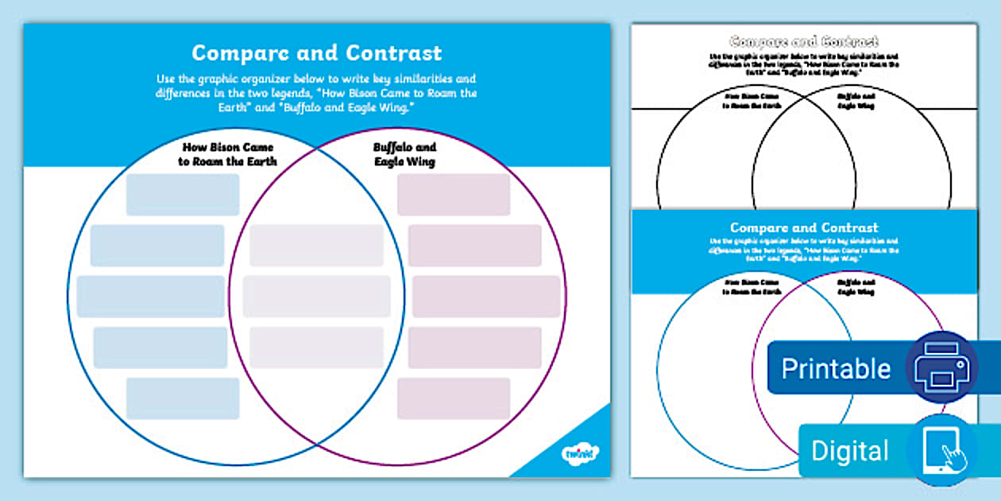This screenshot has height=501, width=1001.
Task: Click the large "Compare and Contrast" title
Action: coord(316,53)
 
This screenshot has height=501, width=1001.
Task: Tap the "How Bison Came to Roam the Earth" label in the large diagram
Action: coord(228,154)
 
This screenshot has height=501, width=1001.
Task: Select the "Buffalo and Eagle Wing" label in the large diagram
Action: coord(404,154)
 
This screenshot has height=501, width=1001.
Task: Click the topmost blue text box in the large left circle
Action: coord(183,195)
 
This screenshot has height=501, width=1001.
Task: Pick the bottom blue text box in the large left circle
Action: coord(183,398)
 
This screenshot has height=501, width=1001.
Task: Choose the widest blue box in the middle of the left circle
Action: coord(151,297)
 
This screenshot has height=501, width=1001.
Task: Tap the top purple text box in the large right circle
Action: coord(454,195)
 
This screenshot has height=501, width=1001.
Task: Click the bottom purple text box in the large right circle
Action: coord(454,398)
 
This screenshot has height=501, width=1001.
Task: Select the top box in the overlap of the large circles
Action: coord(317,246)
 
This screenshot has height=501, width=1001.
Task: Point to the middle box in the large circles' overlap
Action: coord(317,297)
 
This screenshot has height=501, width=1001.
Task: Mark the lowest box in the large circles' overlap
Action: coord(317,348)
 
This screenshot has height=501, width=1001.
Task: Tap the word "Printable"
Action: coord(836,369)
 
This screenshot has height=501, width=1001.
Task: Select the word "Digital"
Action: coord(849,451)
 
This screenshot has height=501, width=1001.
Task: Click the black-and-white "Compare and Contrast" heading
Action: coord(804,41)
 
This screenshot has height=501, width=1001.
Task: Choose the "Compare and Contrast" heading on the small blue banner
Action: coord(804,228)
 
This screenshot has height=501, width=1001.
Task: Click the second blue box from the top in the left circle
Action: coord(157,246)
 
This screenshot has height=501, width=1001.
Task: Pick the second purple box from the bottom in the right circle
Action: coord(475,348)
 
